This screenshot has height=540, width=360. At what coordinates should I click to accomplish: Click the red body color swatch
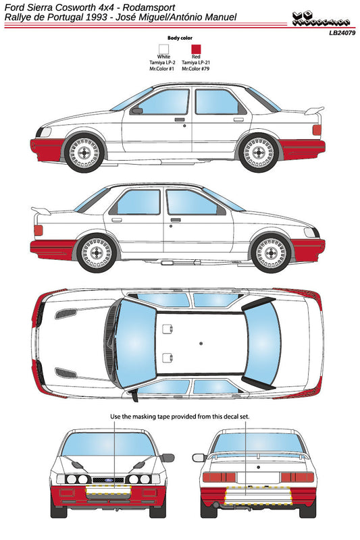[x=197, y=49]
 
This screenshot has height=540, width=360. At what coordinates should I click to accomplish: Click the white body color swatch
[x=164, y=49]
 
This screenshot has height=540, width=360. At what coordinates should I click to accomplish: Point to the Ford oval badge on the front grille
[x=103, y=481]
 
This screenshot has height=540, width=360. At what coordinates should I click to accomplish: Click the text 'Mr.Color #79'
[x=197, y=68]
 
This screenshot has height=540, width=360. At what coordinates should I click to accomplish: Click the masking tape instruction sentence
[x=180, y=416]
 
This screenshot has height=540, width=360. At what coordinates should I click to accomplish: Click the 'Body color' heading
[x=180, y=38]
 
